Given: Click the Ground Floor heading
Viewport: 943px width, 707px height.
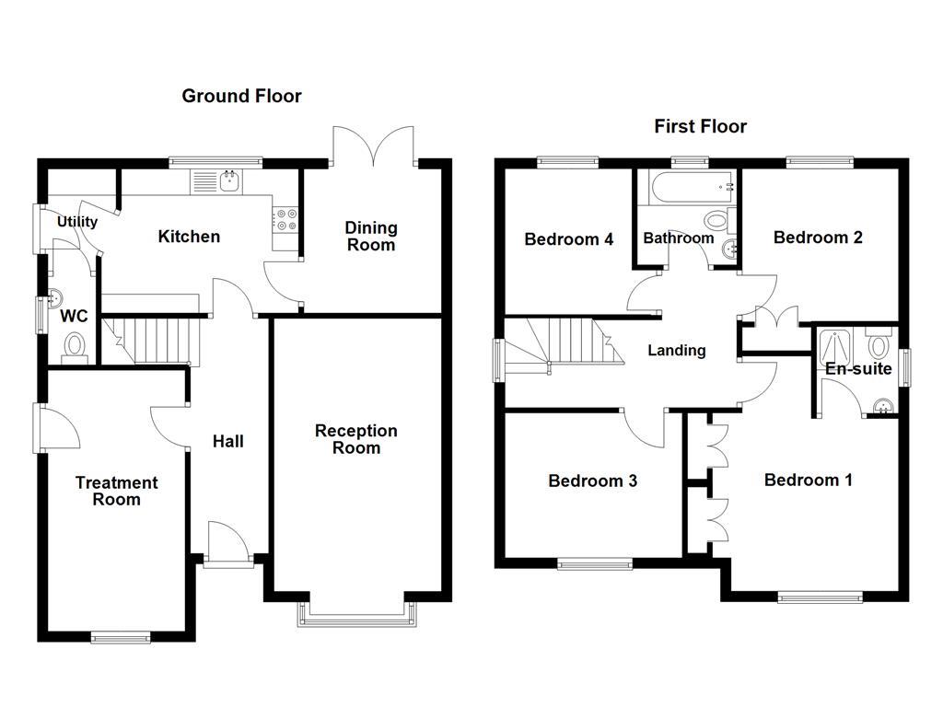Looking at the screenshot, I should [x=241, y=96].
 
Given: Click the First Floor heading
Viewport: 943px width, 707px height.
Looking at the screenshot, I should [x=700, y=126].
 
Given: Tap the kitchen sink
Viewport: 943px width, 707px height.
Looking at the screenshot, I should [x=215, y=181].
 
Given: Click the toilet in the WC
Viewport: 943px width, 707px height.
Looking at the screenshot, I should [x=74, y=346].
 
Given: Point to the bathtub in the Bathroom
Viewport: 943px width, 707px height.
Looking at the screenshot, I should [x=687, y=187].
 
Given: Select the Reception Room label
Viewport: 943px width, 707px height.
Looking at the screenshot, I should [x=355, y=439].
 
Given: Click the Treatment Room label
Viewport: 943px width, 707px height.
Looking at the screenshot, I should [x=116, y=491].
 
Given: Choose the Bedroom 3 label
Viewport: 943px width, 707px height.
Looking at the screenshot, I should [x=592, y=481].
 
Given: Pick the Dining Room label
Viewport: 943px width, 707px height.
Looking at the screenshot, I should [x=370, y=236].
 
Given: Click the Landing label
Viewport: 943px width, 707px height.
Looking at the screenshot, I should [x=676, y=350].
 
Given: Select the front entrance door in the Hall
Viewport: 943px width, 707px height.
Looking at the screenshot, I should [x=227, y=545].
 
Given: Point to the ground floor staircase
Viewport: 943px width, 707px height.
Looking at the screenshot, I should [x=152, y=339].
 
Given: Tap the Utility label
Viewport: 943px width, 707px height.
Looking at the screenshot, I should [x=77, y=222].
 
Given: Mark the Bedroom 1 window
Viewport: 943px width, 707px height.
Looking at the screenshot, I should [x=819, y=597].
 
